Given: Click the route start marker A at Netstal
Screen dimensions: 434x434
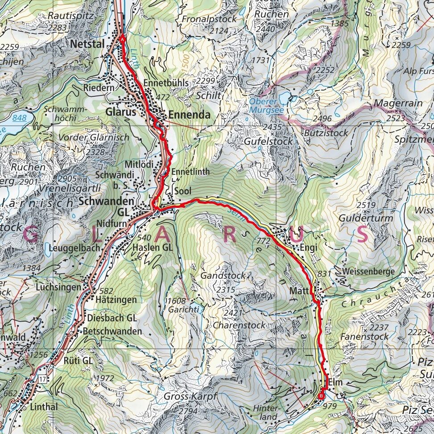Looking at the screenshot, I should click(122, 39).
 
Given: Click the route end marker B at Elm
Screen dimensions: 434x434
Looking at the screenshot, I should click(322, 394).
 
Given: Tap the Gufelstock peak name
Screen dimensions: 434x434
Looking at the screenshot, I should click(269, 141).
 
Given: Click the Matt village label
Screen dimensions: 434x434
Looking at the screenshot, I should click(300, 291).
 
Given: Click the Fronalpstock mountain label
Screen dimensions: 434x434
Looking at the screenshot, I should click(208, 20).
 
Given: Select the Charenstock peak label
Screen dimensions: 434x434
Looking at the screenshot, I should click(238, 325).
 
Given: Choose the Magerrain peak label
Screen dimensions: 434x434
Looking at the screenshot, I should click(398, 103).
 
